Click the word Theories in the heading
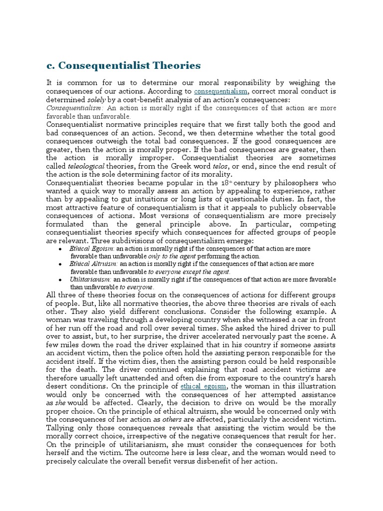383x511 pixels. (173, 65)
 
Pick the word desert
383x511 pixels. (58, 386)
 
